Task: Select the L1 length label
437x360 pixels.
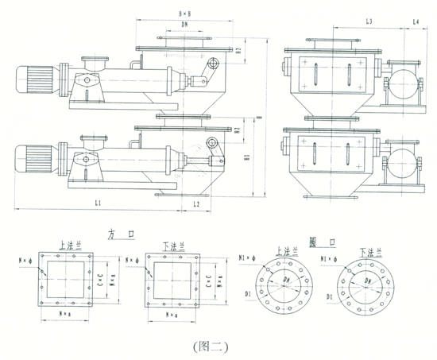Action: click(97, 204)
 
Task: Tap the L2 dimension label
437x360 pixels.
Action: click(196, 204)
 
